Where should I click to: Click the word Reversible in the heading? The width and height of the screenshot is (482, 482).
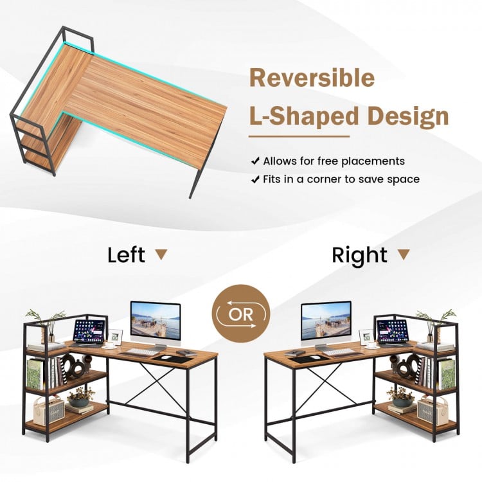(x=311, y=78)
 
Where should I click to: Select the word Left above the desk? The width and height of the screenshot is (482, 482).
(x=126, y=254)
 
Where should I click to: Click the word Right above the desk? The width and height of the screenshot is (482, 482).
(x=360, y=254)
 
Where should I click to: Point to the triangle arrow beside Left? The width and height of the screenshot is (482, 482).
(x=161, y=254)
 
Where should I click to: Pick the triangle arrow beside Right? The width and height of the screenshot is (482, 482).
(x=403, y=254)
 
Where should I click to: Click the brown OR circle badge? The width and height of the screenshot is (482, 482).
(x=241, y=314)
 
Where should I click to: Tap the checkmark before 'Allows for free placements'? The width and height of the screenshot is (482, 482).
(x=255, y=161)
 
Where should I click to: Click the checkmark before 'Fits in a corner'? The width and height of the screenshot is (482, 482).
(x=255, y=179)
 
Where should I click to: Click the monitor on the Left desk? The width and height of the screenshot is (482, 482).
(x=155, y=323)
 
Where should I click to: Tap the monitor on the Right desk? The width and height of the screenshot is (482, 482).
(x=326, y=323)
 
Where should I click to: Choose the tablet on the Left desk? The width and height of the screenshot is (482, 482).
(x=88, y=332)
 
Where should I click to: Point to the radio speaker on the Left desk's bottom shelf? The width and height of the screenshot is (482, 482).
(x=49, y=409)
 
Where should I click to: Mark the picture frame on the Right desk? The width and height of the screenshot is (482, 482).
(x=367, y=336)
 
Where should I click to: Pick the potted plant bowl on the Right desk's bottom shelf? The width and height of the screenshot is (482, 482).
(x=401, y=401)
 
